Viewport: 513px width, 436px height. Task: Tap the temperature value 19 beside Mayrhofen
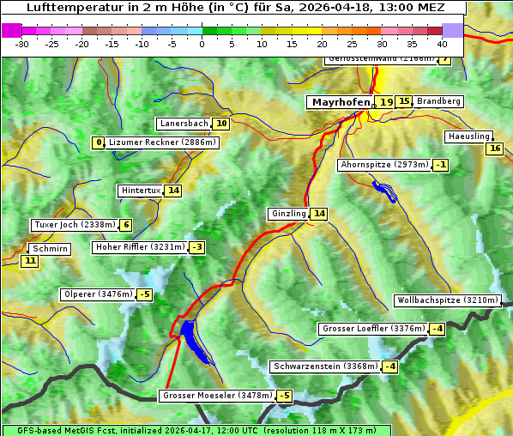click(x=386, y=102)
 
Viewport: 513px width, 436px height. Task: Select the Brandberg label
click(x=439, y=101)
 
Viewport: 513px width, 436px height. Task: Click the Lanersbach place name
click(x=184, y=124)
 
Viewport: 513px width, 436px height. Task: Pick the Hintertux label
click(x=140, y=191)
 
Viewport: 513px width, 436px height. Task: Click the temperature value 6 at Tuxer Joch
click(x=126, y=225)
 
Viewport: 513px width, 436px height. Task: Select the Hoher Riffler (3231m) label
click(x=139, y=247)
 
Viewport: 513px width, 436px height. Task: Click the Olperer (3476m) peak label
click(x=98, y=294)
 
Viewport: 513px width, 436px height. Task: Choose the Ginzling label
click(x=287, y=214)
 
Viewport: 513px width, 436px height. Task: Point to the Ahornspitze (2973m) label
click(x=383, y=165)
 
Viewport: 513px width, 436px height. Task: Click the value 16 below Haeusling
click(x=493, y=148)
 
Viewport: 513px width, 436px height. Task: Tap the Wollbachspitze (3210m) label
click(x=446, y=300)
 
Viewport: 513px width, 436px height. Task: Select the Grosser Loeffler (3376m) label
click(x=372, y=329)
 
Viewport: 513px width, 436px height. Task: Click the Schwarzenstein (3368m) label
click(x=323, y=366)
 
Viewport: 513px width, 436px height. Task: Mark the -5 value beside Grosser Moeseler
click(x=284, y=396)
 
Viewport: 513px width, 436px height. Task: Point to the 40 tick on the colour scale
click(x=442, y=43)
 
